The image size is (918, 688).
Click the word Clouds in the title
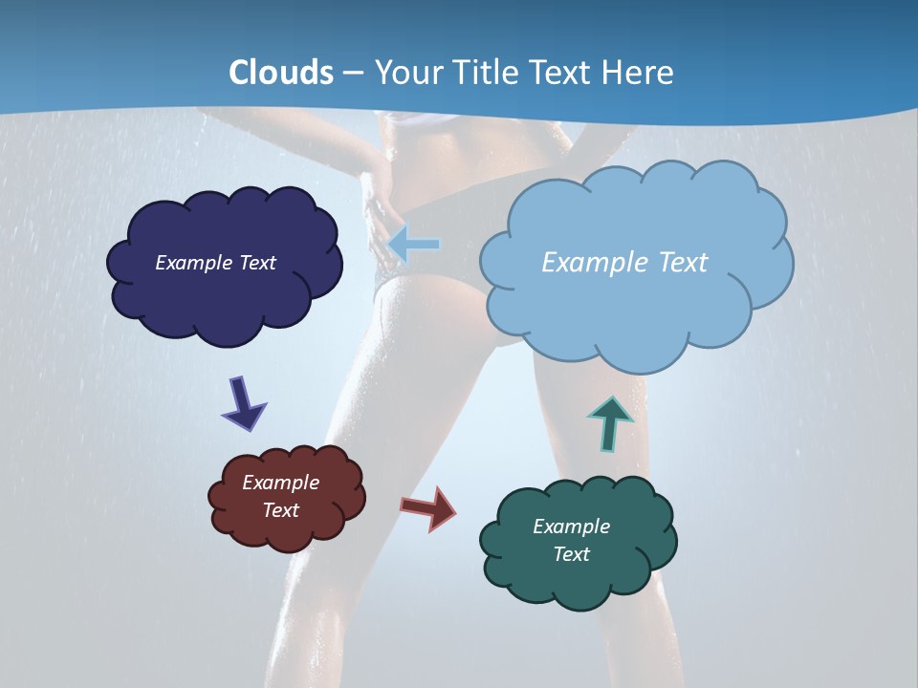[281, 73]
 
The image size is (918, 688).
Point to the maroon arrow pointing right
[428, 507]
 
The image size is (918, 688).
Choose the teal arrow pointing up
[610, 423]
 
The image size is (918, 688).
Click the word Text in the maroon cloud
[281, 510]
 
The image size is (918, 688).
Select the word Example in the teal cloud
[571, 527]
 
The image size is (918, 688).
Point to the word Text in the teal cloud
[571, 554]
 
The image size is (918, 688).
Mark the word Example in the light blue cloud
[592, 263]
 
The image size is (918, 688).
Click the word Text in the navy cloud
[257, 263]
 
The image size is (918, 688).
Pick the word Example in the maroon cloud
[281, 483]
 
